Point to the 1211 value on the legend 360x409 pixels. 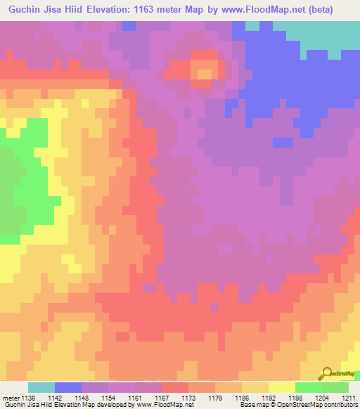(x=349, y=397)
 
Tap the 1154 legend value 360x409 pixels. (x=109, y=397)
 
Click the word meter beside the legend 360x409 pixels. (x=10, y=397)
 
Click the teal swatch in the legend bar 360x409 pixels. (x=41, y=387)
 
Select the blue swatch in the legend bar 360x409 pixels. (x=68, y=387)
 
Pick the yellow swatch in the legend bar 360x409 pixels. (x=282, y=387)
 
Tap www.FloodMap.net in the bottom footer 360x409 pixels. (x=163, y=405)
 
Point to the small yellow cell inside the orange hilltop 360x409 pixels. (x=205, y=72)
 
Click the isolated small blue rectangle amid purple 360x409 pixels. (x=283, y=142)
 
